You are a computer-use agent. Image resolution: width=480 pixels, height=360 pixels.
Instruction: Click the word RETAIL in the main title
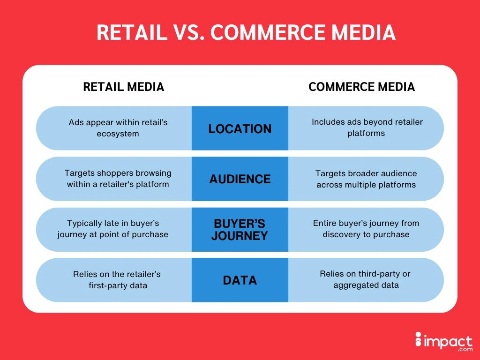click(132, 32)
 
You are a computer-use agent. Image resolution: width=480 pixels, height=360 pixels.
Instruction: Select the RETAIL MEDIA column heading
click(123, 87)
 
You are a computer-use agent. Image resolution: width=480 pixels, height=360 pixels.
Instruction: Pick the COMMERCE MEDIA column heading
click(361, 87)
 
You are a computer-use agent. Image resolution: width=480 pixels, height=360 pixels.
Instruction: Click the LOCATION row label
click(240, 128)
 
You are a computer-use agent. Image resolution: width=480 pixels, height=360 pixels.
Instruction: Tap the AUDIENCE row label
click(240, 179)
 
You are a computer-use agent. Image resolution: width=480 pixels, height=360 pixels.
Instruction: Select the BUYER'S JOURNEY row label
click(240, 230)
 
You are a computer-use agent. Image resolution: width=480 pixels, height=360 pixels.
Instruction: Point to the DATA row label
click(240, 280)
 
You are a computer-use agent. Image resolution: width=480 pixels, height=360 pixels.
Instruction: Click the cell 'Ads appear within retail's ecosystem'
click(118, 127)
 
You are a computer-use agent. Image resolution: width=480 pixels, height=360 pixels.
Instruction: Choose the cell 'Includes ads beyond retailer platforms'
click(367, 127)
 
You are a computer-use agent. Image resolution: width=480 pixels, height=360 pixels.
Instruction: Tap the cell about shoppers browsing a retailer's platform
click(118, 179)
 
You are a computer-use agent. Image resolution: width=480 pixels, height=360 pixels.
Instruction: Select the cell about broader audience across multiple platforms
click(367, 179)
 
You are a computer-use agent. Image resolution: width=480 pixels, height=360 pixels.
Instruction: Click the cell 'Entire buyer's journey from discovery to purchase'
click(367, 229)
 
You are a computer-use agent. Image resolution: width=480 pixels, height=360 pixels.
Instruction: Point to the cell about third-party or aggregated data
click(367, 279)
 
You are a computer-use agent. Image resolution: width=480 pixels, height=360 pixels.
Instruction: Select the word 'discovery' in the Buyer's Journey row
click(343, 234)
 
